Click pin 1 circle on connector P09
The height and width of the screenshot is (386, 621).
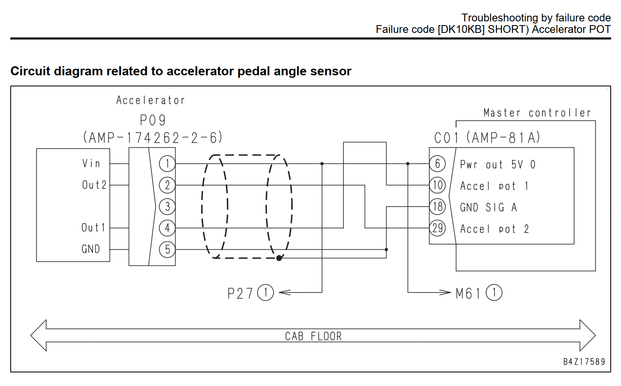click(x=167, y=164)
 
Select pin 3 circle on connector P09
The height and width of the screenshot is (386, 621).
click(x=167, y=207)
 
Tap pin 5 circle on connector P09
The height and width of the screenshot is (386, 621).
click(x=167, y=249)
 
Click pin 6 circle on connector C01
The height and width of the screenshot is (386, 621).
click(x=438, y=164)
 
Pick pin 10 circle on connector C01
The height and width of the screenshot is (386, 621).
click(x=438, y=185)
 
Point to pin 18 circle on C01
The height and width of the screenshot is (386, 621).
click(x=438, y=207)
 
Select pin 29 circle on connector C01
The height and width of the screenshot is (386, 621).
click(x=438, y=228)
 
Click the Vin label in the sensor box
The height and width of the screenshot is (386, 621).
click(x=91, y=163)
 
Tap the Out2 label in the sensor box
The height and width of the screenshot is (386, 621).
click(x=94, y=185)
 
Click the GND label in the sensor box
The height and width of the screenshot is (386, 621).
click(x=90, y=249)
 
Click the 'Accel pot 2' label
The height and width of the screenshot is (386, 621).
click(x=495, y=229)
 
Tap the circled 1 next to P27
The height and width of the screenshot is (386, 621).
click(x=266, y=293)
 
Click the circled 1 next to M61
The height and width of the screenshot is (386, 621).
click(x=494, y=293)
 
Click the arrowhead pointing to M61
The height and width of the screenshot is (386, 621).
click(x=445, y=293)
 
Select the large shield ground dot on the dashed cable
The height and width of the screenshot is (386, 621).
click(x=279, y=258)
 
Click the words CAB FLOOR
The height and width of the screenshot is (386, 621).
click(x=313, y=336)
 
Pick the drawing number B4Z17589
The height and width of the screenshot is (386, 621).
click(x=584, y=362)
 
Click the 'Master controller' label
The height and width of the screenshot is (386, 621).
click(x=537, y=113)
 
